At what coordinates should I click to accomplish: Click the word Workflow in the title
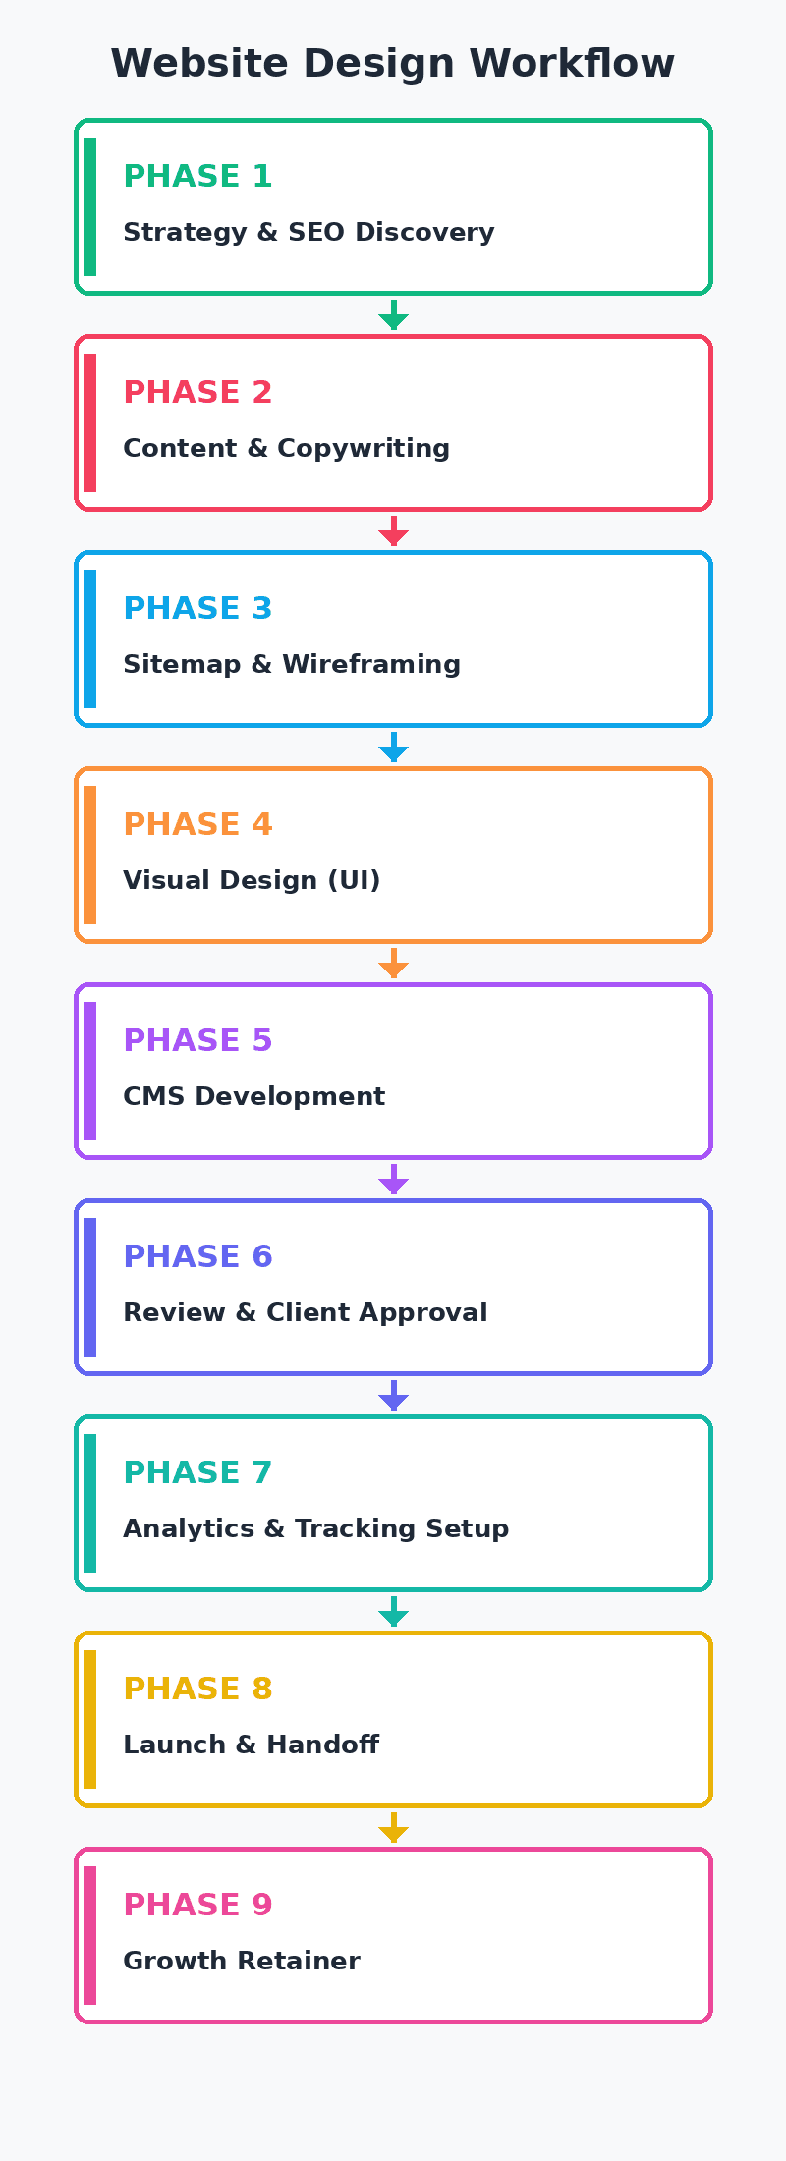pyautogui.click(x=572, y=64)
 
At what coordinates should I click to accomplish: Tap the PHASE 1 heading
pyautogui.click(x=197, y=177)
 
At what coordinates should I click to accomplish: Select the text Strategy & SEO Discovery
pyautogui.click(x=309, y=233)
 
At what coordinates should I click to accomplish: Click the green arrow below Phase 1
pyautogui.click(x=393, y=315)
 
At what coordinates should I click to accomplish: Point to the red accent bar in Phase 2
pyautogui.click(x=89, y=422)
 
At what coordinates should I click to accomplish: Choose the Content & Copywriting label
pyautogui.click(x=286, y=449)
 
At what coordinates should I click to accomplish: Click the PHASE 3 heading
pyautogui.click(x=197, y=609)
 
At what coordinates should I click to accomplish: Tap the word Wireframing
pyautogui.click(x=371, y=665)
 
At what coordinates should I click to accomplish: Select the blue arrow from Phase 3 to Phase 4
pyautogui.click(x=393, y=748)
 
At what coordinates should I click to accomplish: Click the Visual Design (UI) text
pyautogui.click(x=252, y=881)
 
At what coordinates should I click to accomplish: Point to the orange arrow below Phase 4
pyautogui.click(x=393, y=964)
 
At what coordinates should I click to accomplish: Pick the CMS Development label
pyautogui.click(x=253, y=1097)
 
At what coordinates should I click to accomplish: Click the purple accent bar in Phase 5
pyautogui.click(x=89, y=1071)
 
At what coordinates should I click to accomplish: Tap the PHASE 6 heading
pyautogui.click(x=197, y=1257)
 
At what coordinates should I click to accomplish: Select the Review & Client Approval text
pyautogui.click(x=305, y=1313)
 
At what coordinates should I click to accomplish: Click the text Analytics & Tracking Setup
pyautogui.click(x=315, y=1529)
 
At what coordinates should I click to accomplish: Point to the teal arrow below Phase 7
pyautogui.click(x=393, y=1612)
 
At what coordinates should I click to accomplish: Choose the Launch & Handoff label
pyautogui.click(x=251, y=1745)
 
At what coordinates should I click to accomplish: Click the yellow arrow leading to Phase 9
pyautogui.click(x=393, y=1828)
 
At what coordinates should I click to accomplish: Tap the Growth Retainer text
pyautogui.click(x=241, y=1962)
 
